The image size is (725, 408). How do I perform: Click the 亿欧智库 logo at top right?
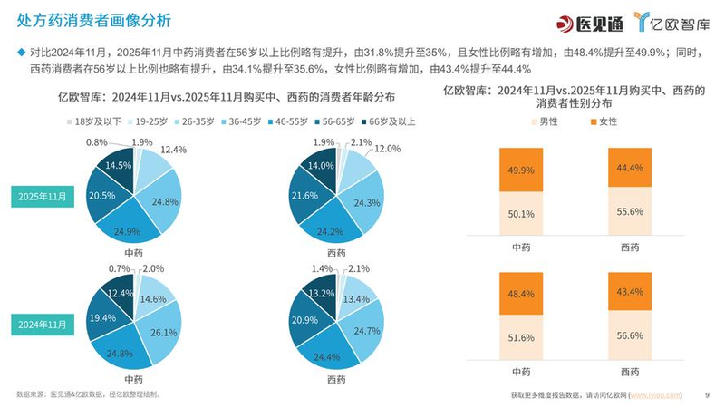click(x=673, y=22)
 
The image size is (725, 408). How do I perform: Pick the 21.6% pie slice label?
click(x=306, y=196)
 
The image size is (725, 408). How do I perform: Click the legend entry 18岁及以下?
click(x=94, y=120)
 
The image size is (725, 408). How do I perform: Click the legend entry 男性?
click(x=548, y=121)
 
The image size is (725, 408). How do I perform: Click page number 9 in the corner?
click(x=706, y=395)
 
